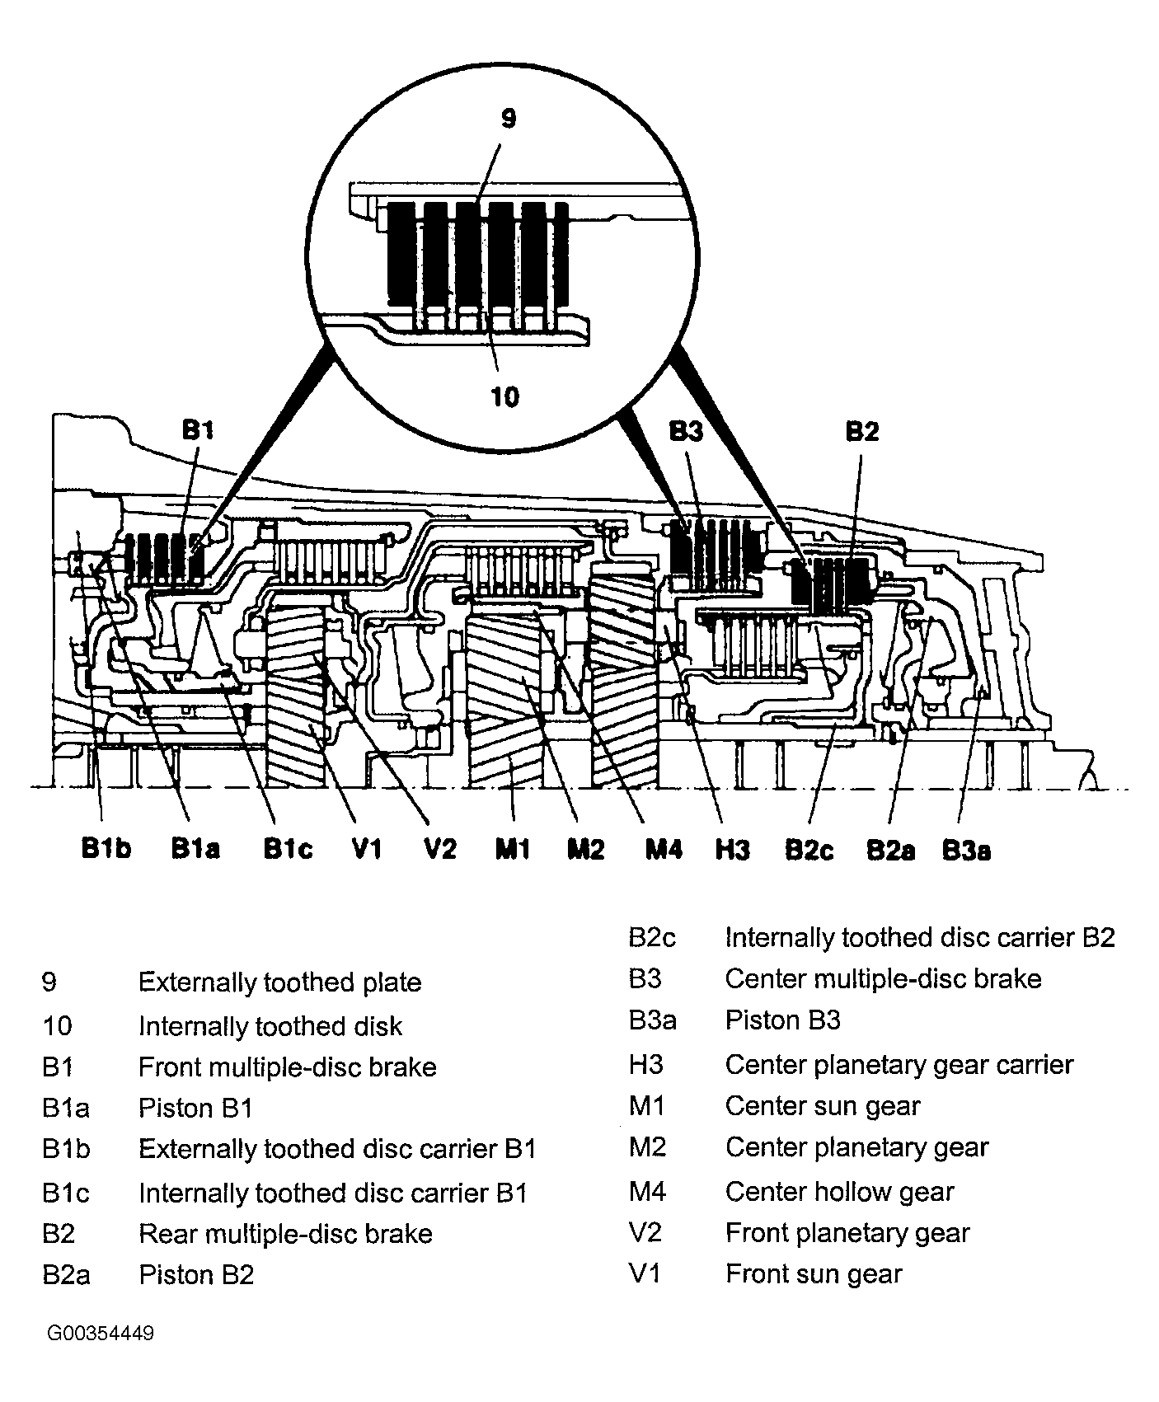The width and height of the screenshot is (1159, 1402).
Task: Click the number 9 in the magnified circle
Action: (509, 119)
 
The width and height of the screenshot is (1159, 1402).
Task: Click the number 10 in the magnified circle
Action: (504, 397)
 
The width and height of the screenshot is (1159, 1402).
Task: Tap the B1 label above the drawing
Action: (197, 430)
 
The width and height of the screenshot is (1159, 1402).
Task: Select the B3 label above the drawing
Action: (686, 432)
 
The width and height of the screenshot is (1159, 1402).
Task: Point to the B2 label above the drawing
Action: (862, 432)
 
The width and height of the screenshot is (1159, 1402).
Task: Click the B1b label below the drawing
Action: (106, 849)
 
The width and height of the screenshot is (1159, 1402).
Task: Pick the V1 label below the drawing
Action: (366, 849)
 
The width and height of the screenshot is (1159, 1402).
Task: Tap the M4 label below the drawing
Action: (664, 849)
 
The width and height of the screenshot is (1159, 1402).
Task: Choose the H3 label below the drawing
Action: (732, 849)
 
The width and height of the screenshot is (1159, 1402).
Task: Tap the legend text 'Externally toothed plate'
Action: (279, 982)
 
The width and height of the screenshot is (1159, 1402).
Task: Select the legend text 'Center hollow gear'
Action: (839, 1191)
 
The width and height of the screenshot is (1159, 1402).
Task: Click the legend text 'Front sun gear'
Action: (814, 1274)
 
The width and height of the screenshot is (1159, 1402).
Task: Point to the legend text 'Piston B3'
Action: (782, 1020)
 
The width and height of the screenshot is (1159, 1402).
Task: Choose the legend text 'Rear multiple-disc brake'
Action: (285, 1234)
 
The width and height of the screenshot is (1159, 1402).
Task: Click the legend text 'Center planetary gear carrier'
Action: (899, 1065)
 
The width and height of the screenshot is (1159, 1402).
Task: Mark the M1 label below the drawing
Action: (512, 849)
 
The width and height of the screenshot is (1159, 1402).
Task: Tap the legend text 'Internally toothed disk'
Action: (270, 1026)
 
